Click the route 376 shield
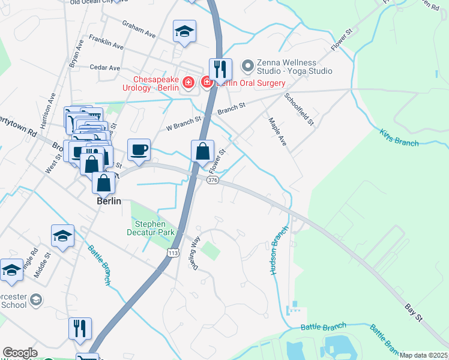212,180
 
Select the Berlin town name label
110,202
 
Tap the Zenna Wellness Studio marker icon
247,65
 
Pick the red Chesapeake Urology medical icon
188,82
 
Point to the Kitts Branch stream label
399,138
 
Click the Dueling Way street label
195,251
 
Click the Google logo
20,353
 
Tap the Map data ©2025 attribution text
423,355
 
